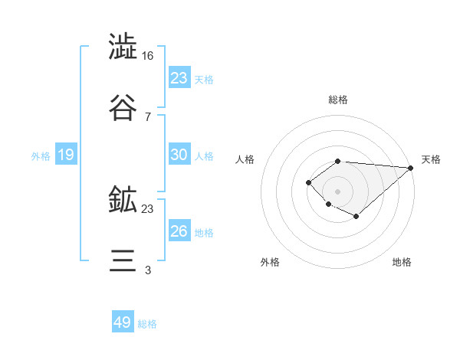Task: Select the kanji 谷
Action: click(123, 107)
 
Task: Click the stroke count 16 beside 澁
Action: click(148, 56)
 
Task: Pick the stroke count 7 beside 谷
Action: click(148, 116)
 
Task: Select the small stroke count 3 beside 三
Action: click(148, 270)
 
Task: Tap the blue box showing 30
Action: click(179, 155)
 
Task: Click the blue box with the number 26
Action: click(179, 231)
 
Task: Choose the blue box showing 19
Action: click(66, 155)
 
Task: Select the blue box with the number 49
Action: click(123, 322)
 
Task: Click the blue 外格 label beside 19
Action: click(41, 156)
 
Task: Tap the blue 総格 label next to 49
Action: click(147, 324)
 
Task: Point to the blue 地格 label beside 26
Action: click(204, 233)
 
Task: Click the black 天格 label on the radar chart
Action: click(431, 159)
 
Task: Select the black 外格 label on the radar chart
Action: click(270, 262)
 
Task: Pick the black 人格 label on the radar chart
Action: click(245, 159)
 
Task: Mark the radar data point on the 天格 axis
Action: click(411, 168)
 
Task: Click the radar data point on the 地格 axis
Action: click(356, 217)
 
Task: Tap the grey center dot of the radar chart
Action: click(337, 191)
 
